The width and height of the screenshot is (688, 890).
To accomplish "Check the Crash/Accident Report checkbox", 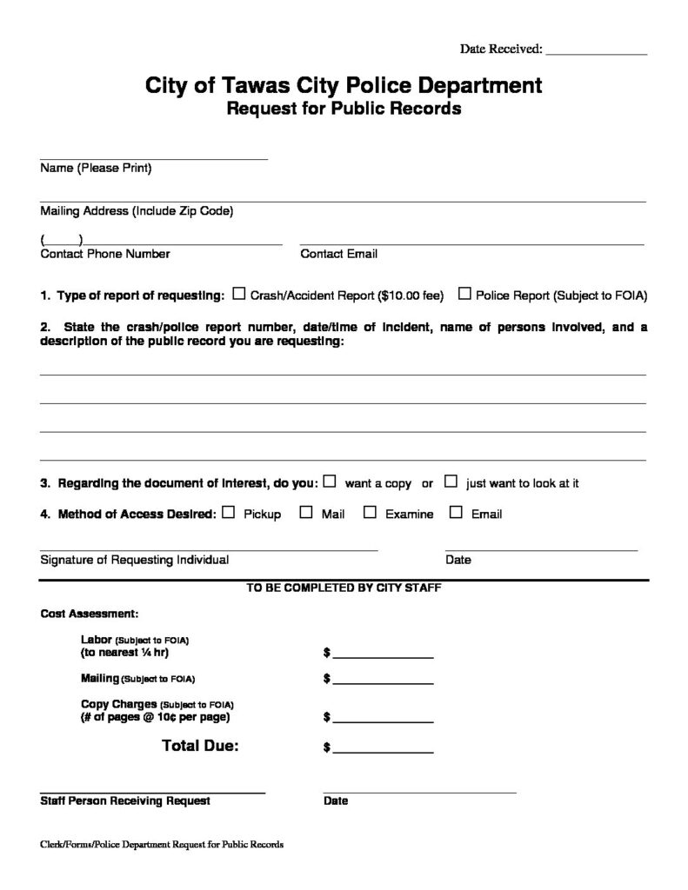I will click(x=239, y=295).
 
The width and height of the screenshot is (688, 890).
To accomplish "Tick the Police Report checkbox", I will click(x=464, y=295).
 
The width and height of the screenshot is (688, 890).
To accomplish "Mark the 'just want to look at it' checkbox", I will click(x=451, y=481).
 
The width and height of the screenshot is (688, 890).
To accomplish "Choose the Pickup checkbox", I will click(x=229, y=513).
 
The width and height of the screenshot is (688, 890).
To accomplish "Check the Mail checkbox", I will click(x=306, y=513).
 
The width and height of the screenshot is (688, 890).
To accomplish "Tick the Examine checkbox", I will click(x=370, y=513).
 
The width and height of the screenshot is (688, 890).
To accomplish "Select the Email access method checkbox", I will click(x=456, y=513).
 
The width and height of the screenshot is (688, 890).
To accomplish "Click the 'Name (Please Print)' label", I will click(x=96, y=169).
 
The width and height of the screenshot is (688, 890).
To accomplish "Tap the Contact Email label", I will click(x=338, y=255).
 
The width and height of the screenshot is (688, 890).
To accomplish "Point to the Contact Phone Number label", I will click(x=105, y=255).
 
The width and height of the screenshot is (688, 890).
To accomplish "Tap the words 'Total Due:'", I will click(x=200, y=746).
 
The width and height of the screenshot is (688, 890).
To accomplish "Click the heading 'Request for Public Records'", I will click(x=344, y=110).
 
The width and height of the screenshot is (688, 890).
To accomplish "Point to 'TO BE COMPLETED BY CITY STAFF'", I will click(x=344, y=588).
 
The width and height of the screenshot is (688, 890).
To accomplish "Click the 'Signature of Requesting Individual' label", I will click(x=135, y=560).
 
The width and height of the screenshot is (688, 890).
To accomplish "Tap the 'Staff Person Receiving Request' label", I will click(x=125, y=800).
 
